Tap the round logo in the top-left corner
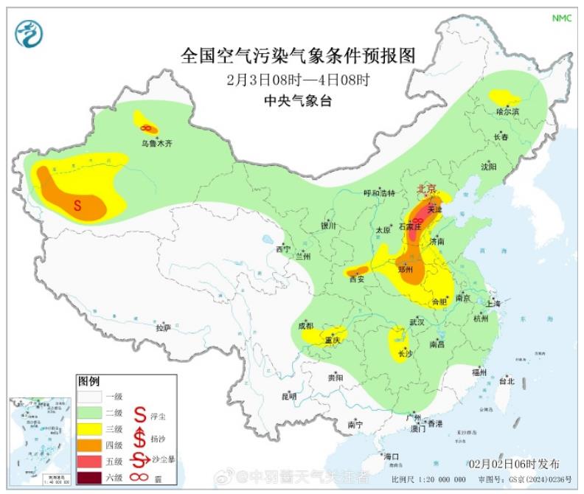(29, 33)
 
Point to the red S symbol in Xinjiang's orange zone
(77, 206)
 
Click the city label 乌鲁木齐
(156, 144)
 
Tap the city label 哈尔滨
(507, 111)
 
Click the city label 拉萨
(163, 327)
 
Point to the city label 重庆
(331, 341)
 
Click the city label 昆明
(289, 397)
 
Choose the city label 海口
(391, 457)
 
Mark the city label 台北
(507, 382)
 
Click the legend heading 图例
(88, 381)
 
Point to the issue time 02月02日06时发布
(514, 464)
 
